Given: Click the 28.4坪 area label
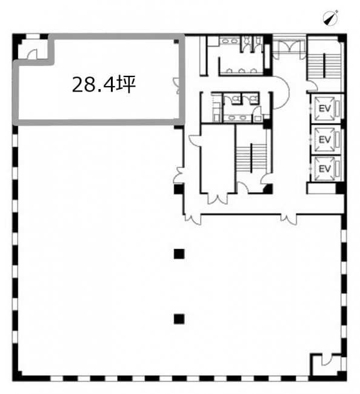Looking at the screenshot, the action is (104, 85).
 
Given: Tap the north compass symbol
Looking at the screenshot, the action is (331, 18).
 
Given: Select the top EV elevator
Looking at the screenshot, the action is (325, 109).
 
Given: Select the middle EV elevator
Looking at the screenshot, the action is (325, 139).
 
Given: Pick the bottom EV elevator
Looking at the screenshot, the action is (325, 169).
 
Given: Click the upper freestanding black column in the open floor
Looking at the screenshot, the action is (179, 254).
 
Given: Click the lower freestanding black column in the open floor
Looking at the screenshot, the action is (179, 319).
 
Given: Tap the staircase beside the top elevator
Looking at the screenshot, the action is (324, 66).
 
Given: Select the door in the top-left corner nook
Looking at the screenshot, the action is (32, 55).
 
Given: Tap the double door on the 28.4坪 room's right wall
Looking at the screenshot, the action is (176, 86).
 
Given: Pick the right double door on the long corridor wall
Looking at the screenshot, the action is (288, 219).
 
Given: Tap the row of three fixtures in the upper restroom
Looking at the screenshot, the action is (241, 71).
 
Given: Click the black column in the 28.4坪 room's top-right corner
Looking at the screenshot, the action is (176, 41).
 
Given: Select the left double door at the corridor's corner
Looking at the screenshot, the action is (193, 219).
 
